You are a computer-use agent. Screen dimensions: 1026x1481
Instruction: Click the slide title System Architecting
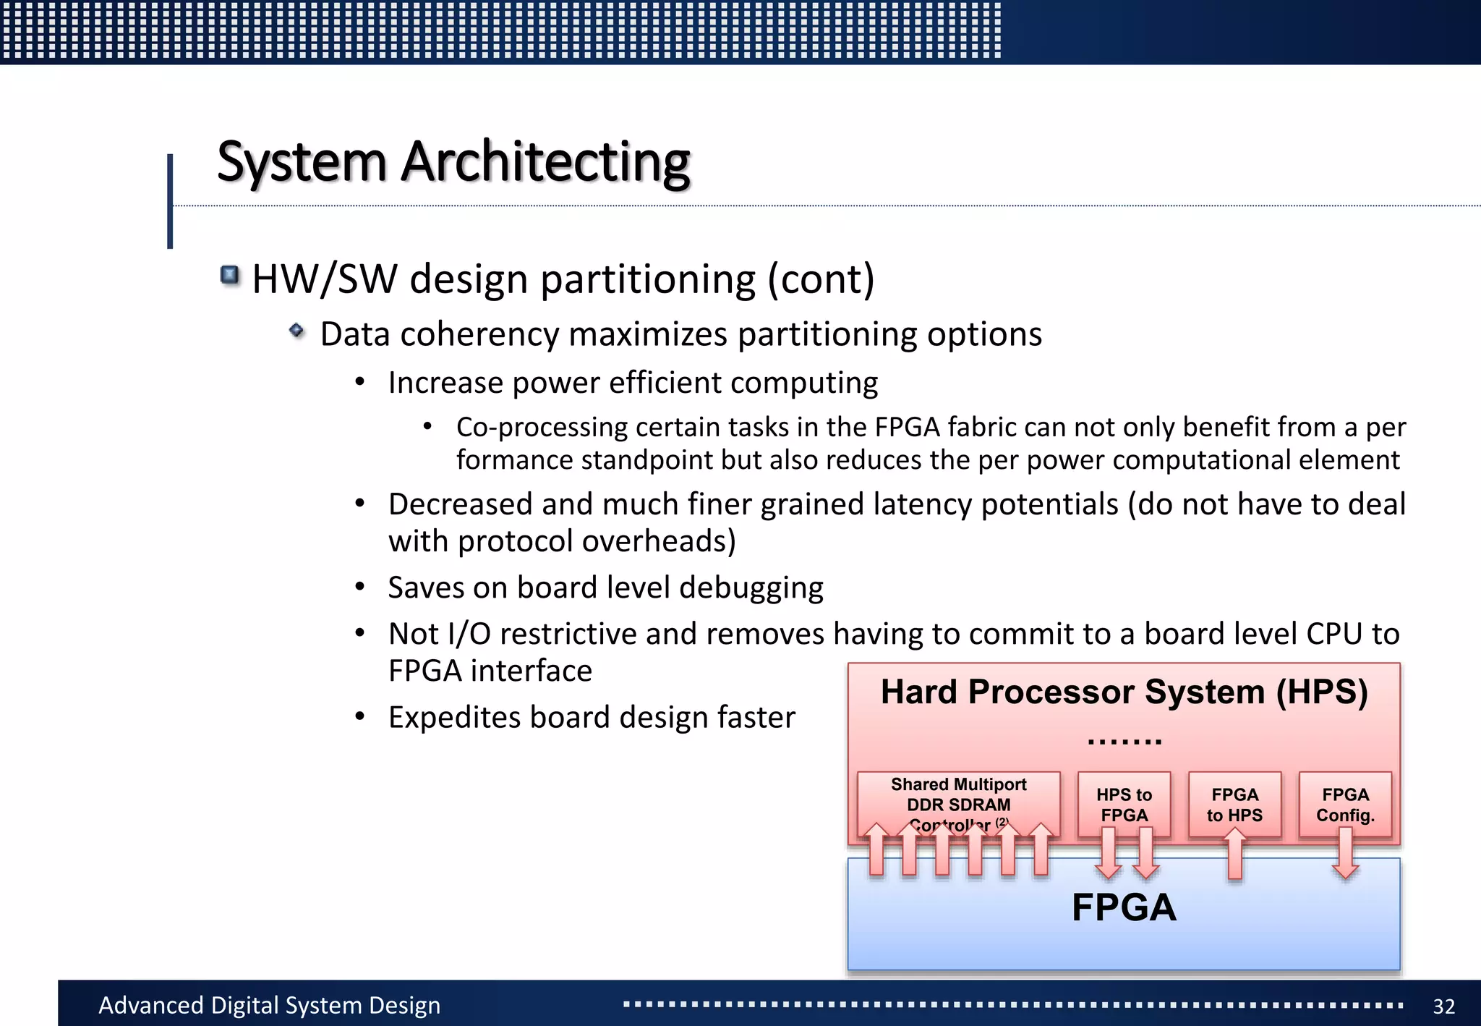click(453, 161)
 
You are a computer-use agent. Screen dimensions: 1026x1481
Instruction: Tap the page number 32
click(1443, 1006)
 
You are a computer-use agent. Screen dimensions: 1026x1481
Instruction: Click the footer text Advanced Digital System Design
click(269, 1005)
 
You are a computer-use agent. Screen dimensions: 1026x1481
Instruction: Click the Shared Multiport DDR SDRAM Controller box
click(958, 800)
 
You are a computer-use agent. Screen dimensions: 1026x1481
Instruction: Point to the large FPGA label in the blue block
click(1124, 907)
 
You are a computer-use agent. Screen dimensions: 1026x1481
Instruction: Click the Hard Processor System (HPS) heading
click(1124, 692)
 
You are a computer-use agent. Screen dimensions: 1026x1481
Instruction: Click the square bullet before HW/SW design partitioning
click(230, 275)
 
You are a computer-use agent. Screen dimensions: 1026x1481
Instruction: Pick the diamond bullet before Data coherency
click(296, 331)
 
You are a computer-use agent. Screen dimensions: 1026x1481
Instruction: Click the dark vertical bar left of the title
click(170, 201)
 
